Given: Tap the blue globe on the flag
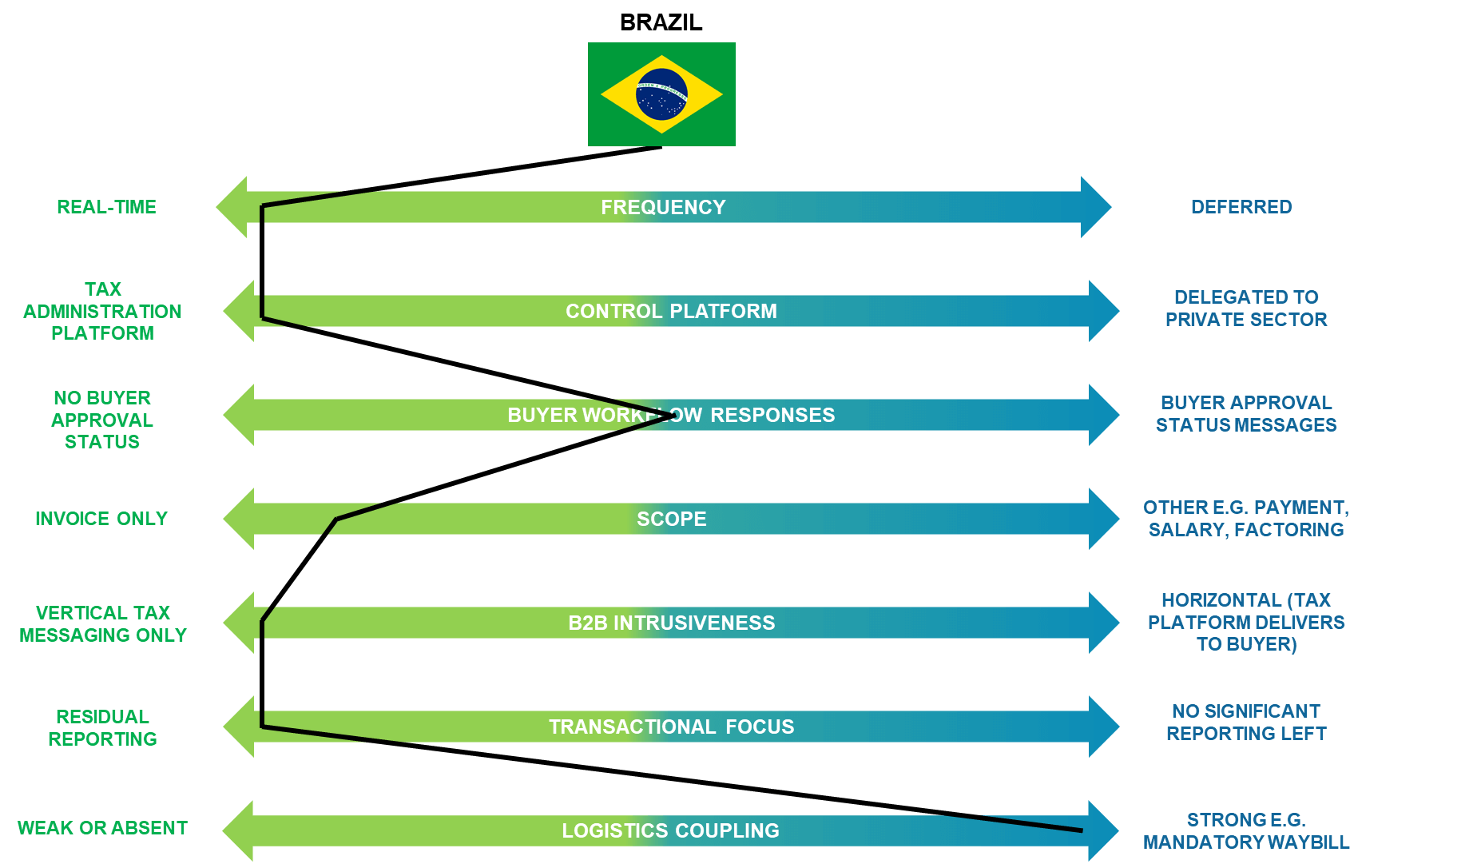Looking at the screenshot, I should click(661, 94).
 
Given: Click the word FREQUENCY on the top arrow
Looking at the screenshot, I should click(663, 207).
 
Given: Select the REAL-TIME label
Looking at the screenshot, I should click(106, 207).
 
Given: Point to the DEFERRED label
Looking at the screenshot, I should click(1241, 207).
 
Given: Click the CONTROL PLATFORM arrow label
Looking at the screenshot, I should click(671, 311).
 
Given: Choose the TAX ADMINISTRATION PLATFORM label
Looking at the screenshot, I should click(102, 311).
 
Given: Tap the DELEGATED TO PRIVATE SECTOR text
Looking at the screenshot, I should click(1246, 309).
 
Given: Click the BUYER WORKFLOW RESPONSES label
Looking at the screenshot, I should click(671, 415).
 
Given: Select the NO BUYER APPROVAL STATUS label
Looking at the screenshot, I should click(102, 420).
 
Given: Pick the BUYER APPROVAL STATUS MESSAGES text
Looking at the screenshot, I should click(1246, 414).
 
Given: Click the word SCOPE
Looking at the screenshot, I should click(671, 519).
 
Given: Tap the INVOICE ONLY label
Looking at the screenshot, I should click(101, 519).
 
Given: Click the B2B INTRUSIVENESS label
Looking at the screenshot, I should click(671, 623).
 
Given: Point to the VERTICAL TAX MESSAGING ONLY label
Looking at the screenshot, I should click(102, 623).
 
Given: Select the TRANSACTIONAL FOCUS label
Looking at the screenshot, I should click(671, 727).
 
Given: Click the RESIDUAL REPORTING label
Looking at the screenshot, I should click(102, 727).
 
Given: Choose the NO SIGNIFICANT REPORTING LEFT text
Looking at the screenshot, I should click(1246, 722).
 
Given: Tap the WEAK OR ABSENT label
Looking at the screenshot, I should click(102, 828).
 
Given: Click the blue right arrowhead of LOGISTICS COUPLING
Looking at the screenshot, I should click(1102, 831).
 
